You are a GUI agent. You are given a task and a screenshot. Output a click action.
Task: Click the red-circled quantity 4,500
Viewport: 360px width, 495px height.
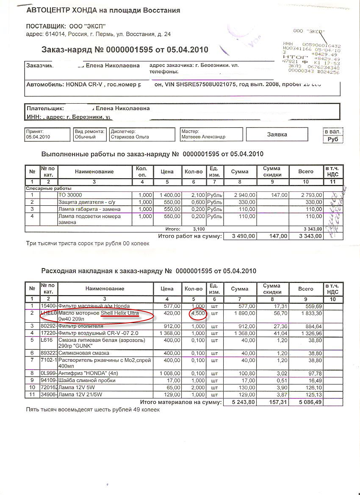pos(197,314)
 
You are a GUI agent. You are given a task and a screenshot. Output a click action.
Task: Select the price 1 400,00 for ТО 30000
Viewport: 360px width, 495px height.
pos(170,195)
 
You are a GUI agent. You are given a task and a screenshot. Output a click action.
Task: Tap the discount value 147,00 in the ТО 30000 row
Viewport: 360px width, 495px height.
pos(278,195)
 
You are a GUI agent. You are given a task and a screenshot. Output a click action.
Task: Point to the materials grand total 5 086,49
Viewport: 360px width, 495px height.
pos(310,402)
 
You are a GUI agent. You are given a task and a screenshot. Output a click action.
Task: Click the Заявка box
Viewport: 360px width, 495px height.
pos(277,134)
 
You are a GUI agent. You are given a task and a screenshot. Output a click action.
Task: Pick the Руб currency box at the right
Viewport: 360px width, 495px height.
pos(333,138)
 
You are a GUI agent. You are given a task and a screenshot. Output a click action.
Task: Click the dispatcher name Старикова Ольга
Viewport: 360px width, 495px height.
pos(130,137)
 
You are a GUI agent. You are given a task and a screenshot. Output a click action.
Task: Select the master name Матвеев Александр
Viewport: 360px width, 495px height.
pos(203,137)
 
